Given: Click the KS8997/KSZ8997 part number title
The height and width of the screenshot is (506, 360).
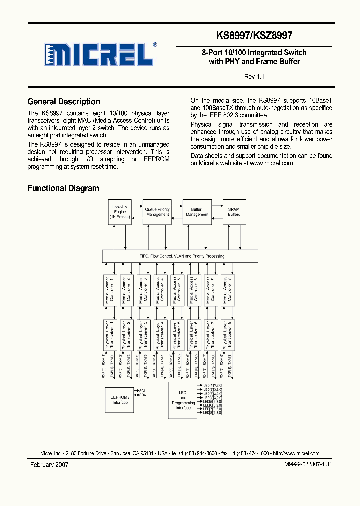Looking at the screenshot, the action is [x=254, y=36].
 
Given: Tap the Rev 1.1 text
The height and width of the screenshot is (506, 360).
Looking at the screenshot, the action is [x=254, y=77].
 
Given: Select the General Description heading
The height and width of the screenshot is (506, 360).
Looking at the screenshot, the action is [x=64, y=102].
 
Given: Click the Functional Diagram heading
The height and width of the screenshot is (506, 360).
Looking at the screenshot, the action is [x=63, y=188].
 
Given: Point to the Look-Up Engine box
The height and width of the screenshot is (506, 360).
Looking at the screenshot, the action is [x=119, y=212].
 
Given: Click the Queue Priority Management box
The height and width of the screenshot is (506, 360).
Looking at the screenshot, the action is [x=157, y=212].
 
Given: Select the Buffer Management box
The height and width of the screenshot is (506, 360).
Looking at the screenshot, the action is [x=197, y=212].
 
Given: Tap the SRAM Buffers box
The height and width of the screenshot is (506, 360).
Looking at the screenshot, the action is [x=234, y=212].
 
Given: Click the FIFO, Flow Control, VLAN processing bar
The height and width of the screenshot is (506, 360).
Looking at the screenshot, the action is [x=180, y=256].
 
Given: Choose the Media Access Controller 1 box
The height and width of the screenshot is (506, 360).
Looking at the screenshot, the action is [x=110, y=290].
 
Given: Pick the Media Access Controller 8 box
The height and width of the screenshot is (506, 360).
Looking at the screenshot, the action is [x=228, y=290].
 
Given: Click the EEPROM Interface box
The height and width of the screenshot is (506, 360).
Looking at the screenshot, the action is [x=120, y=399].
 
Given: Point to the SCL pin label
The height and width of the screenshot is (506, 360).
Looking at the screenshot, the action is [x=142, y=390].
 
